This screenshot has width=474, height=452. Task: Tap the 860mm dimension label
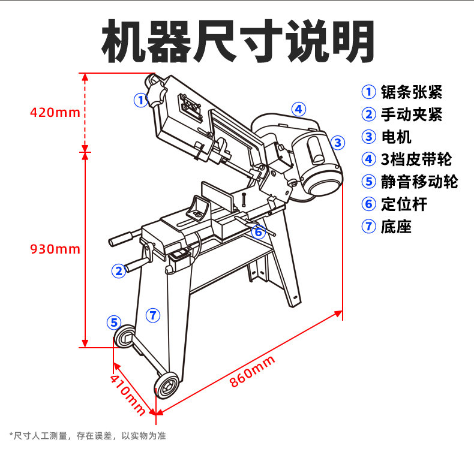[252, 372]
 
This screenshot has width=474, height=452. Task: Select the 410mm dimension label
[127, 393]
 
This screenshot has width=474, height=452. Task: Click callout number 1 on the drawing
[140, 100]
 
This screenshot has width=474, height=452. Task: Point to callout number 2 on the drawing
[119, 270]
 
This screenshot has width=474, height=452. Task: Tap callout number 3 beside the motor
[338, 142]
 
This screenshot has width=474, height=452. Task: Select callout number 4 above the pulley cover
[298, 109]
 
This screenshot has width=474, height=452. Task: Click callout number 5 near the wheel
[114, 322]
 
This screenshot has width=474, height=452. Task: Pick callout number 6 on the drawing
[258, 231]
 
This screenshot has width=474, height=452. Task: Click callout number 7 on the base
[153, 314]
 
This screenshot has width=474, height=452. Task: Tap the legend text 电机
[397, 137]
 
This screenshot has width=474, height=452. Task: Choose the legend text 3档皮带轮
[416, 159]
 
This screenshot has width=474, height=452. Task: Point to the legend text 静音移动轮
[419, 182]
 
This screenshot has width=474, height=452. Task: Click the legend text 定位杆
[404, 204]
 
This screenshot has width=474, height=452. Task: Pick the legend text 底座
[397, 227]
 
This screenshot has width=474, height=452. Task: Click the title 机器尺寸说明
[238, 41]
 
